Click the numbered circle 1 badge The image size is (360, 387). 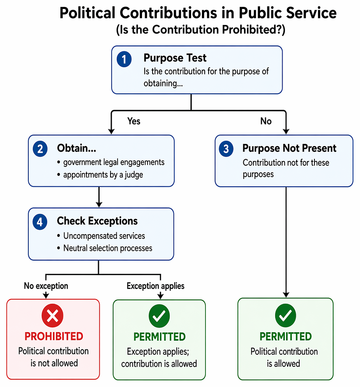[x=124, y=59]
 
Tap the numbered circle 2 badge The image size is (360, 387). [x=40, y=149]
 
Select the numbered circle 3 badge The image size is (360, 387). [x=226, y=149]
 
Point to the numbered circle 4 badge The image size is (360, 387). [x=40, y=222]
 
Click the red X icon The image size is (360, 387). [x=52, y=316]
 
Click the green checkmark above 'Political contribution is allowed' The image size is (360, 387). [x=285, y=315]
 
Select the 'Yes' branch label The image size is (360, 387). [x=134, y=121]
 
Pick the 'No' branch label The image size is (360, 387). [x=266, y=121]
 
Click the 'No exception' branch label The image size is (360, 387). [x=46, y=286]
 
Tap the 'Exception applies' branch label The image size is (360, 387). [x=156, y=286]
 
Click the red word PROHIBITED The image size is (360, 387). [x=54, y=336]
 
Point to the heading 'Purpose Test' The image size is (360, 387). [x=175, y=58]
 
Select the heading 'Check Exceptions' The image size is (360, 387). [x=97, y=221]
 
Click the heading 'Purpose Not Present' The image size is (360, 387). [x=290, y=148]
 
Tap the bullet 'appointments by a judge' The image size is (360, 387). [x=100, y=175]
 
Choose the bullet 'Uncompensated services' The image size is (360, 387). [x=101, y=236]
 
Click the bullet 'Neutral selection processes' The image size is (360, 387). [x=105, y=248]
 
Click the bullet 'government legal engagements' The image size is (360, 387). [x=111, y=163]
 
